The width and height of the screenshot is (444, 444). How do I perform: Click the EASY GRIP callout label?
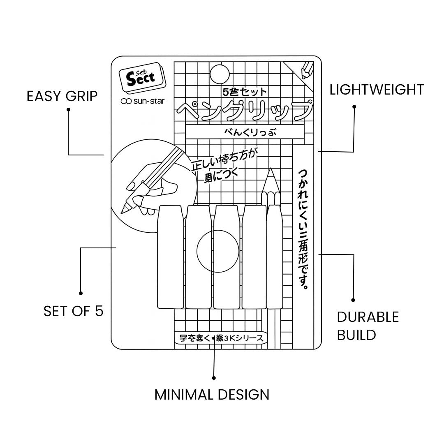pos(62,96)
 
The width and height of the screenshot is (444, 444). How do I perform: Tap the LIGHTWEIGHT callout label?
pos(377,90)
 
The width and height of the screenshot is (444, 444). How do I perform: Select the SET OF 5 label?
pos(73,311)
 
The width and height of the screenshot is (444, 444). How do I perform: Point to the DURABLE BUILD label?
pos(368,326)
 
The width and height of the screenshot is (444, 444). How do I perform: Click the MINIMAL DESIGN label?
pos(212,395)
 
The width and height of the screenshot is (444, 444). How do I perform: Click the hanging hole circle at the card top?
pos(219,74)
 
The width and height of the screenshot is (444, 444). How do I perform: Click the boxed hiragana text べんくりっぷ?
pos(244,132)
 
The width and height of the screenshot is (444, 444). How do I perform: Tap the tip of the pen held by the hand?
pos(123,211)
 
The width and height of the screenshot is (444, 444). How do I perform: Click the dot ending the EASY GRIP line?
pos(68,110)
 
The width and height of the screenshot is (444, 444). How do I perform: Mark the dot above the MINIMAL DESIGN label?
pos(214,377)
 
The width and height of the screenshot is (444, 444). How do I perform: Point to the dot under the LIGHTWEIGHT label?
pos(354,106)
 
